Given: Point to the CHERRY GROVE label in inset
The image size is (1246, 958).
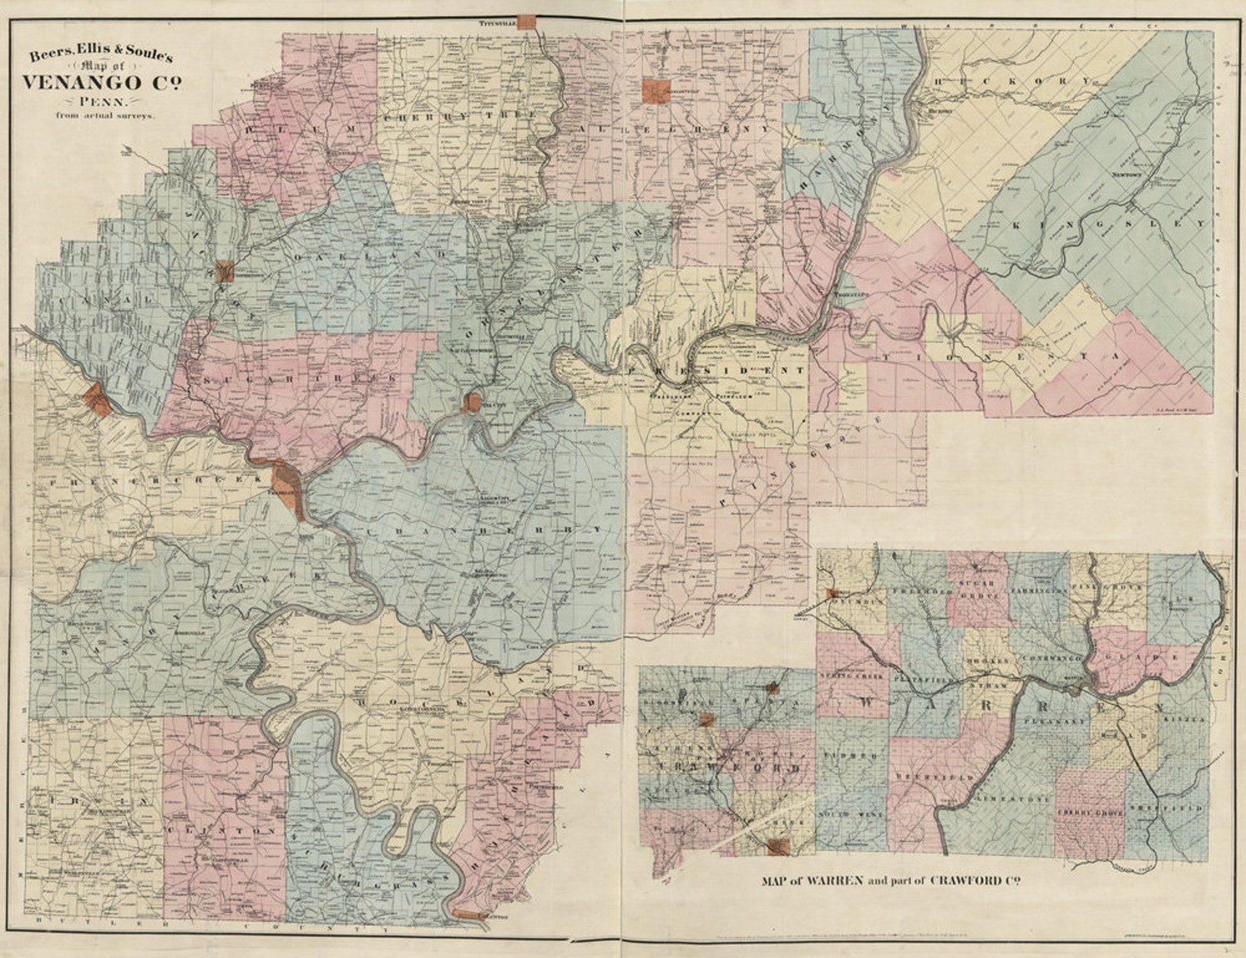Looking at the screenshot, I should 1090,814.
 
